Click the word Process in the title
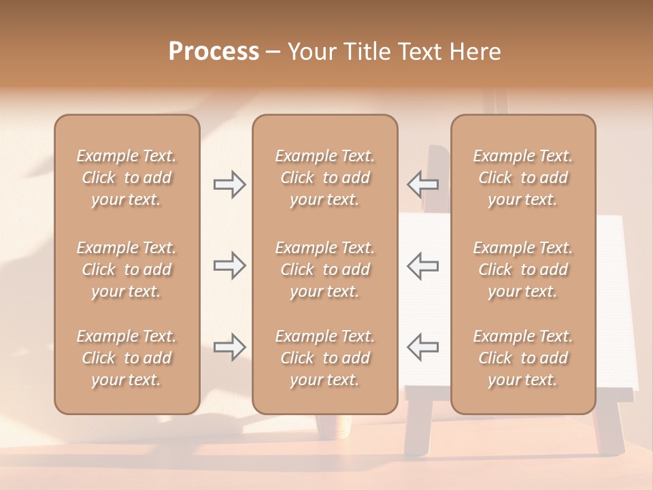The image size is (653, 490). pos(214,52)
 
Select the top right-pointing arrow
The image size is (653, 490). pos(229,184)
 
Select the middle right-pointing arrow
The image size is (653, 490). pos(229,265)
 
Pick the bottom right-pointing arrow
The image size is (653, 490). pos(229,347)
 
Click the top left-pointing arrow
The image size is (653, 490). pos(423,184)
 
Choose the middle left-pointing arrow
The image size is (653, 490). pos(423,265)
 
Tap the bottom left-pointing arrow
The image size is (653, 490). pos(423,347)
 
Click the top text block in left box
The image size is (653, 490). pos(127,178)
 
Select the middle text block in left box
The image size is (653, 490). pos(127,269)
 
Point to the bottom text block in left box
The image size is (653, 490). pos(127,358)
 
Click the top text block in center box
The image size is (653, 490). pos(324,178)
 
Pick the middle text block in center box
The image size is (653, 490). pos(324,269)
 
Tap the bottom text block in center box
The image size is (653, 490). pos(324,358)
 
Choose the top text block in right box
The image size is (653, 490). pos(522,178)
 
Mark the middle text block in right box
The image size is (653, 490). pos(522,269)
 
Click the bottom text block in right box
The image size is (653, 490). pos(522,358)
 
